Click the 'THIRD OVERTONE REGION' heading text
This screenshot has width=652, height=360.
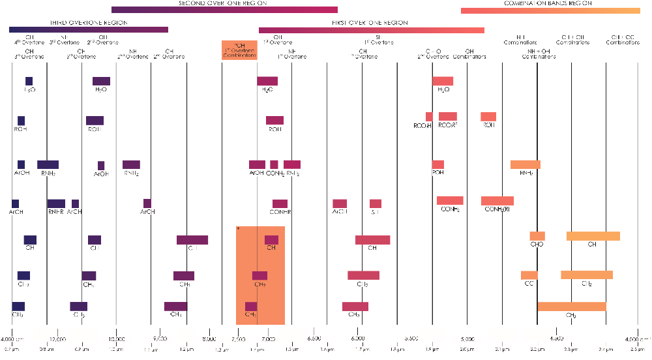pyautogui.click(x=89, y=23)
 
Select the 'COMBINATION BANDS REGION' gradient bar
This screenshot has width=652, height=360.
pyautogui.click(x=550, y=10)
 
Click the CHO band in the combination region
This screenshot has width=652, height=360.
pyautogui.click(x=537, y=236)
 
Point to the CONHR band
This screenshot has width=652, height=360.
pyautogui.click(x=280, y=204)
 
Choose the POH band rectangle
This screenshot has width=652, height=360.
pyautogui.click(x=437, y=164)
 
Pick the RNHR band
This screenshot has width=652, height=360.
pyautogui.click(x=56, y=204)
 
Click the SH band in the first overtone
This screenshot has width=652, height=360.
pyautogui.click(x=376, y=203)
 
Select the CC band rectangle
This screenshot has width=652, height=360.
pyautogui.click(x=529, y=275)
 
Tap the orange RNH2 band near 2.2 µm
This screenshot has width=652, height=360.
pyautogui.click(x=525, y=164)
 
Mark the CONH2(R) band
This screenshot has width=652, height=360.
pyautogui.click(x=497, y=201)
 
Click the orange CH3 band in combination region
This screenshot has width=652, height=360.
pyautogui.click(x=571, y=307)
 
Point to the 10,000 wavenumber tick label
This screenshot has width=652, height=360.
pyautogui.click(x=116, y=339)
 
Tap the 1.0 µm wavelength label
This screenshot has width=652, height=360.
pyautogui.click(x=116, y=350)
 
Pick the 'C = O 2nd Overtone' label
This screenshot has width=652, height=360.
pyautogui.click(x=433, y=53)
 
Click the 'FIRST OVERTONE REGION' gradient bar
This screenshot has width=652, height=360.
pyautogui.click(x=372, y=30)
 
